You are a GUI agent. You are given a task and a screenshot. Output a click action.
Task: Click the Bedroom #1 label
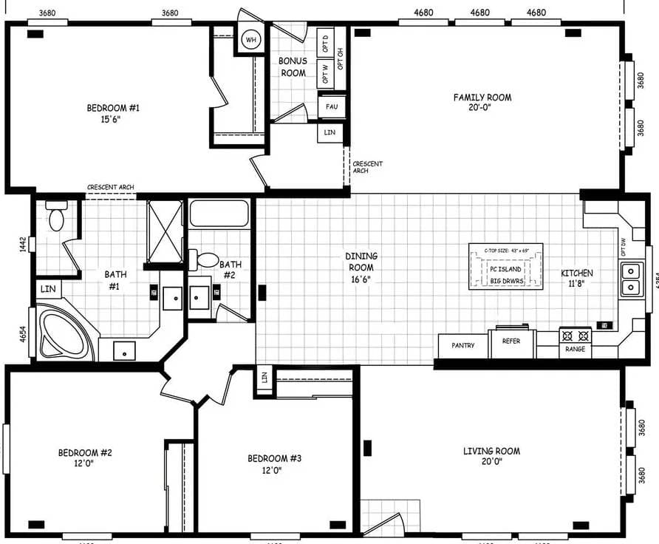click(113, 113)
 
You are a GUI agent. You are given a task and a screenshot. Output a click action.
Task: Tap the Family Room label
click(482, 102)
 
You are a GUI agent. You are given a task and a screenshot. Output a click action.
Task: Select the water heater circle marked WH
click(251, 39)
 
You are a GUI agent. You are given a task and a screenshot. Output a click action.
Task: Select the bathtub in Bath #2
click(219, 214)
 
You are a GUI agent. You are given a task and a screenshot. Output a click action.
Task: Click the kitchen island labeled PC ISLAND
click(505, 267)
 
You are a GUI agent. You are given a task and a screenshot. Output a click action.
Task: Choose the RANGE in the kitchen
click(575, 342)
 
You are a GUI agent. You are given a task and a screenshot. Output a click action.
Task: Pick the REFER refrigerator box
click(511, 342)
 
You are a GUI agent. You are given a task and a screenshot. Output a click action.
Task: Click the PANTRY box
click(462, 346)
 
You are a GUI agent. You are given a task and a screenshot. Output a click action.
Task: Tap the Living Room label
click(491, 456)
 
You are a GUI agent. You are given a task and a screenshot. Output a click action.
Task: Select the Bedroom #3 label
click(274, 463)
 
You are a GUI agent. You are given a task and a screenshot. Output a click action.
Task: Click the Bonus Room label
click(293, 67)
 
